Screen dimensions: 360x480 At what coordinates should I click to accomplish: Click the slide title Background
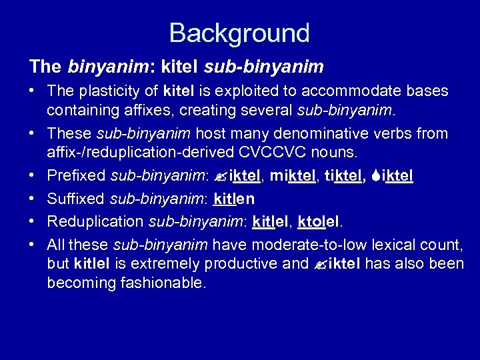pyautogui.click(x=239, y=32)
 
